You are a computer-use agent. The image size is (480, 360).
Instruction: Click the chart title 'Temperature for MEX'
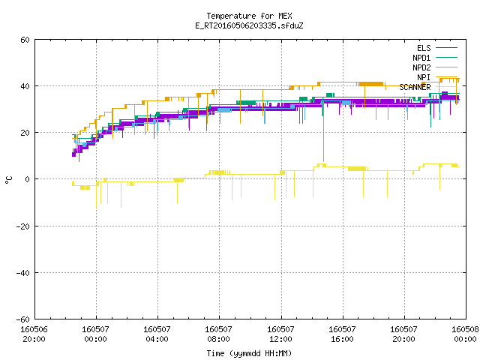coord(249,16)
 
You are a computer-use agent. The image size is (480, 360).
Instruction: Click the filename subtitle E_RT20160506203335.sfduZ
coord(249,25)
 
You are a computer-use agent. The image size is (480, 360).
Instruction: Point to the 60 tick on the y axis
coord(25,40)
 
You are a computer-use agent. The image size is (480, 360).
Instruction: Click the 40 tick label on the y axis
coord(25,86)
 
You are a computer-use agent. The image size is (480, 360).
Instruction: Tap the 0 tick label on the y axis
coord(28,179)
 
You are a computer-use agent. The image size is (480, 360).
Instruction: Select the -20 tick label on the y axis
coord(23,226)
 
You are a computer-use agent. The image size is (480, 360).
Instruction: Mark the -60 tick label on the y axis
coord(23,319)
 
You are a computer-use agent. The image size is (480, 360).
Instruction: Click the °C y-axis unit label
coord(8,180)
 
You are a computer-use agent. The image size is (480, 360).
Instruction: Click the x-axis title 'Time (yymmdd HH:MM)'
coord(249,353)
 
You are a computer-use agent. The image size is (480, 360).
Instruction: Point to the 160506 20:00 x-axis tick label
coord(34,334)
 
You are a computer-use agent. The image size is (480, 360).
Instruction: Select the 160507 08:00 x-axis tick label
coord(218,334)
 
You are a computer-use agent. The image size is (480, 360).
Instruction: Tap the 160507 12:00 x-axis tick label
coord(280,334)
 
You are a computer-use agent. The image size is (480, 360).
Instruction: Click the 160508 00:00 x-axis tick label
coord(465,334)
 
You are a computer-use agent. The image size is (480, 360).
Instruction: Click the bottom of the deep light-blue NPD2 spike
coord(323,161)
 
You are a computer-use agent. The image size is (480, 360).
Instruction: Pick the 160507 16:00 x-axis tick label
coord(342,334)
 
